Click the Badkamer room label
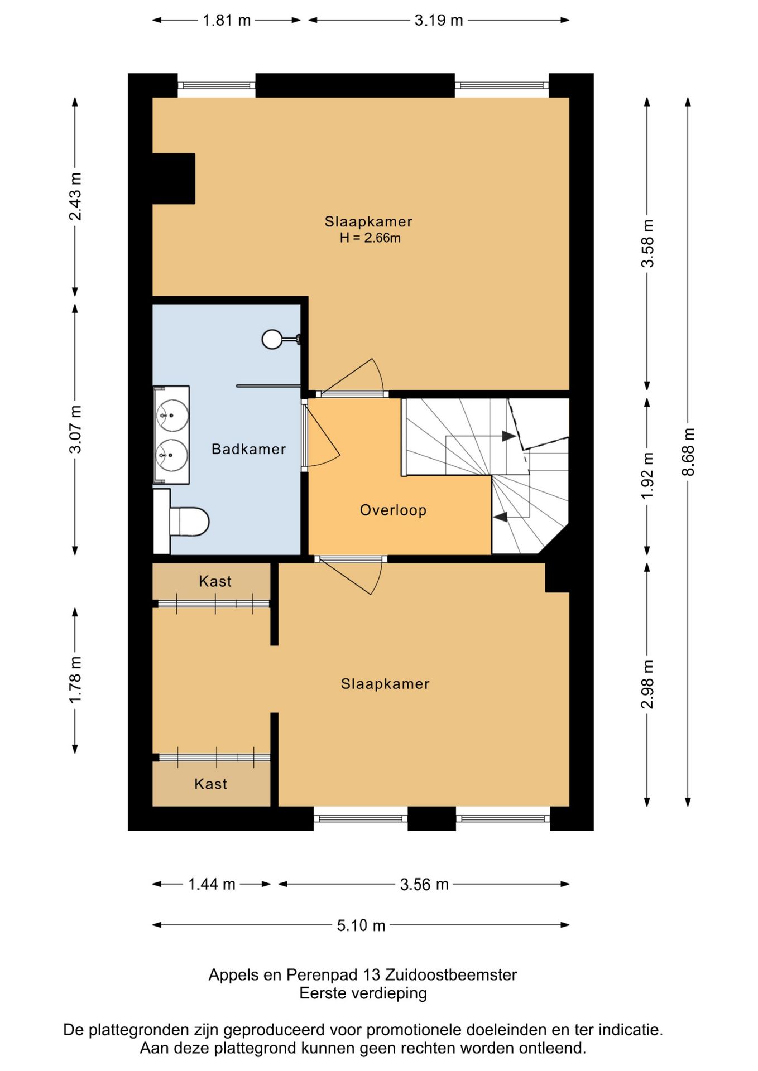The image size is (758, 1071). pos(248,449)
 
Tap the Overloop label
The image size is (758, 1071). pos(393,510)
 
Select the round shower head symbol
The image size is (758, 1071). pos(272,339)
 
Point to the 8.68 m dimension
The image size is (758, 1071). pos(689,452)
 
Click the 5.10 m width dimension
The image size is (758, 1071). pos(361,925)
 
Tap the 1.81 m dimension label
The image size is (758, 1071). pos(227,21)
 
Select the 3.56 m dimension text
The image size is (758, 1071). pos(424,884)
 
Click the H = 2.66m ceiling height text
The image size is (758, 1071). pos(370,238)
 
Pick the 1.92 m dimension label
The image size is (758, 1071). pos(647,476)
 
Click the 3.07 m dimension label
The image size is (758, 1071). pos(75,430)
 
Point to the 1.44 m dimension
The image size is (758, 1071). pos(212,884)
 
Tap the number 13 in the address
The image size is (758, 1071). pos(371,975)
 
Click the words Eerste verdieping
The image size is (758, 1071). pos(363,993)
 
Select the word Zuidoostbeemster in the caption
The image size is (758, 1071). pos(451,975)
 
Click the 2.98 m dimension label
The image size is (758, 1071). pos(647,684)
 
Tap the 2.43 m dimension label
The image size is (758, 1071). pos(75,197)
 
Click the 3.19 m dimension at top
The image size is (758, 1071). pos(439,21)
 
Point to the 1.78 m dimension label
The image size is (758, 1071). pos(75,680)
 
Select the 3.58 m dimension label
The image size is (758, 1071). pos(647,244)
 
